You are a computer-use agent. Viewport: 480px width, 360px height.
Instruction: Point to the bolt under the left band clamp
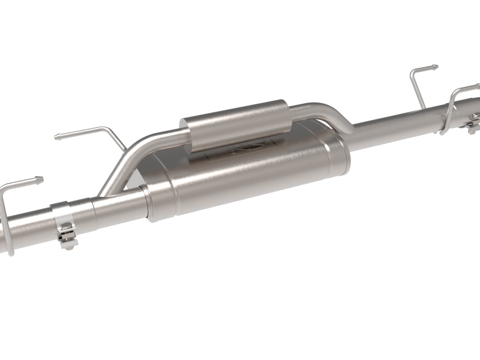tap(68, 240)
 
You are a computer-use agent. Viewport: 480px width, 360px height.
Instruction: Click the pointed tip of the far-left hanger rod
tap(41, 178)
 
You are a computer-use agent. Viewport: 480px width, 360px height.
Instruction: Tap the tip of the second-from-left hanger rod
tap(57, 137)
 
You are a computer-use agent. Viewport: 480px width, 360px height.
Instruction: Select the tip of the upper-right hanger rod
tap(435, 67)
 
